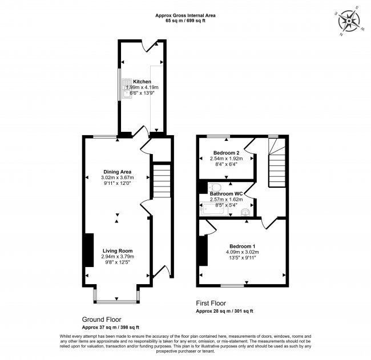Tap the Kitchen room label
click(142, 82)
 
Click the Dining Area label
click(118, 172)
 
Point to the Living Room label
click(118, 250)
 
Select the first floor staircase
click(276, 165)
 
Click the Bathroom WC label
click(227, 193)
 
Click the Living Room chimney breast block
click(89, 250)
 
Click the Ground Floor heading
click(102, 319)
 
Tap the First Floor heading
click(211, 304)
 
